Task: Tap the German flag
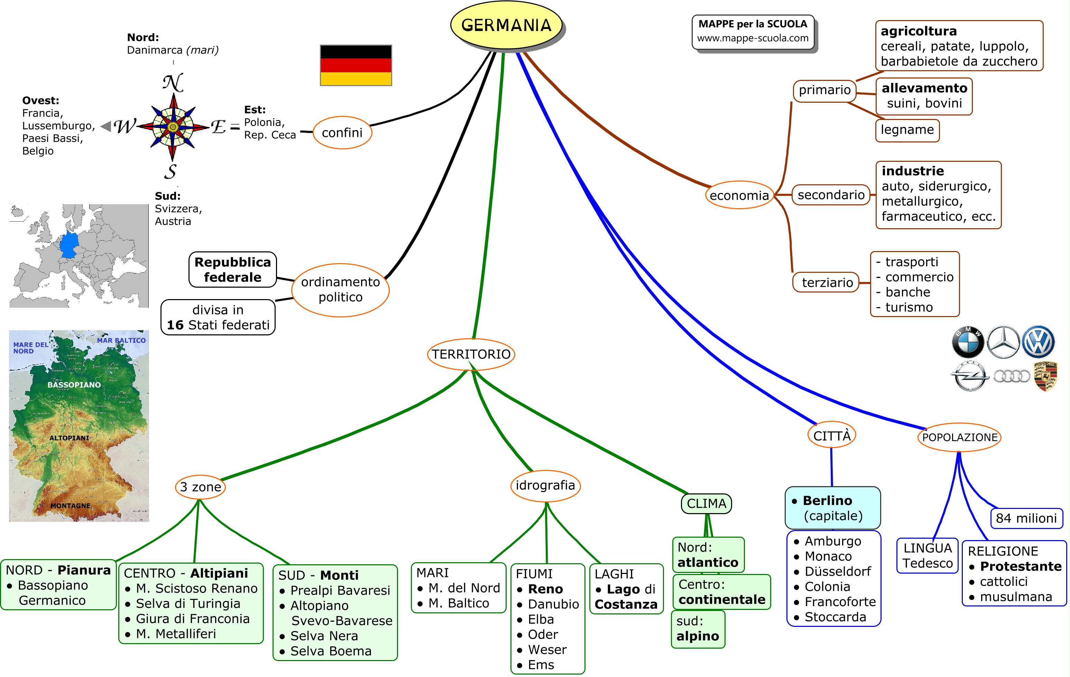[x=356, y=65]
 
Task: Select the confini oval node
[x=342, y=132]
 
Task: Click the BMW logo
[x=967, y=342]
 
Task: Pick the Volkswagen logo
[x=1038, y=342]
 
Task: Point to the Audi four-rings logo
[x=1011, y=376]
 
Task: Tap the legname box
[x=907, y=130]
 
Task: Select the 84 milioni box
[x=1026, y=518]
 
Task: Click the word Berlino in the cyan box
[x=827, y=501]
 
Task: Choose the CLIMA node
[x=706, y=503]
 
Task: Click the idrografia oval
[x=545, y=485]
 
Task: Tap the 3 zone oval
[x=200, y=487]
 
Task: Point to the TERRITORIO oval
[x=471, y=354]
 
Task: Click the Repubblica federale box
[x=232, y=270]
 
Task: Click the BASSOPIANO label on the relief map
[x=74, y=385]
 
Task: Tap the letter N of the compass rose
[x=173, y=83]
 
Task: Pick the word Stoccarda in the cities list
[x=836, y=617]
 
